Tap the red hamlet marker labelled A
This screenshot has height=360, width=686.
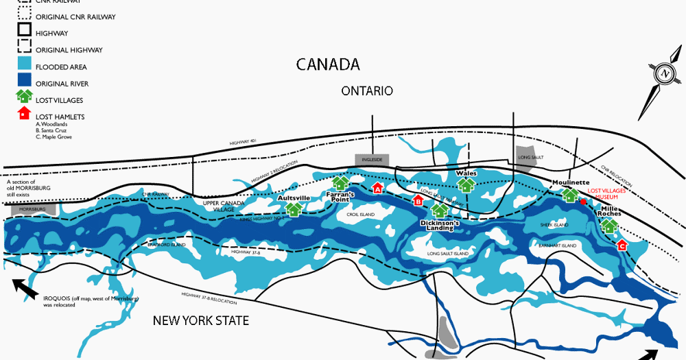(377, 187)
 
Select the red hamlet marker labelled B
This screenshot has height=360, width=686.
(417, 200)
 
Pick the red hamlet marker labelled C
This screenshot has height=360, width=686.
(622, 244)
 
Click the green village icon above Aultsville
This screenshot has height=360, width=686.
(294, 209)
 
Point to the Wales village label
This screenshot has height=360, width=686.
(466, 173)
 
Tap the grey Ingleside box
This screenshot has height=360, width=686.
(372, 159)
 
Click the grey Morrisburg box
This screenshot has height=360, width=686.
(27, 208)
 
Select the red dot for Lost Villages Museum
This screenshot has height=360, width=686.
(583, 202)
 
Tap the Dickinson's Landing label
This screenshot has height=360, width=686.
(440, 224)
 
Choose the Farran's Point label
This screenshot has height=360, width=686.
(340, 197)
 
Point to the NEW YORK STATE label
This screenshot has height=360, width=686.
(200, 320)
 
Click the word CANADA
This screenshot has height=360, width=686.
(328, 64)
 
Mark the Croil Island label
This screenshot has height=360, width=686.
(362, 215)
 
